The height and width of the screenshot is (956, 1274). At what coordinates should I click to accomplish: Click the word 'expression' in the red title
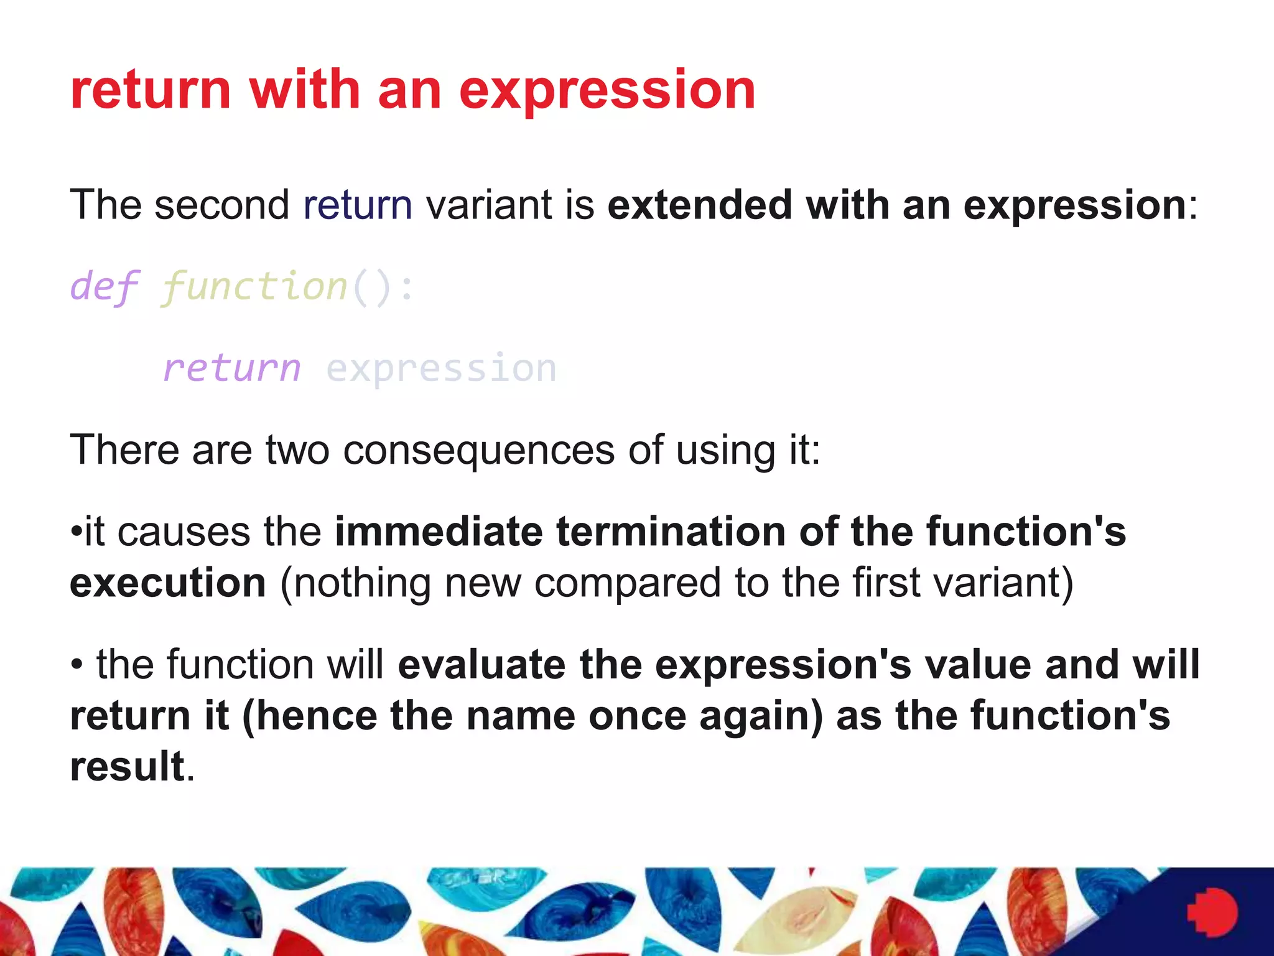[607, 91]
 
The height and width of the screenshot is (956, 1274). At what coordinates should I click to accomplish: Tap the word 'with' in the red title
[305, 90]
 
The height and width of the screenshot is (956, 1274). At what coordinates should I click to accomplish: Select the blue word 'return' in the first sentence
[358, 205]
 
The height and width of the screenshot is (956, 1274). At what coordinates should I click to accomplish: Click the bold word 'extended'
[699, 205]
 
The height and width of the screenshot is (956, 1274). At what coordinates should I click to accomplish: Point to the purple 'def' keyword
[105, 288]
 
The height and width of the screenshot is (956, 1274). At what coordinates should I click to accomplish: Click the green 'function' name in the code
[254, 288]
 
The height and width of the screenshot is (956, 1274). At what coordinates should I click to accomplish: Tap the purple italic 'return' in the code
[231, 368]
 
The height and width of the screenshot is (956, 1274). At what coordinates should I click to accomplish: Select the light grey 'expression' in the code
[441, 368]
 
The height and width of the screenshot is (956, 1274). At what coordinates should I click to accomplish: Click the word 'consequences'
[478, 451]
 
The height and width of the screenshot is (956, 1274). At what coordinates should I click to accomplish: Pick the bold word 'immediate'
[439, 532]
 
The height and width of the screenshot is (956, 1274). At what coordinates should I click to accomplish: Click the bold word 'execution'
[168, 583]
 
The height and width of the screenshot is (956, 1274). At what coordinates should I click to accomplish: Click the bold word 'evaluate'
[481, 665]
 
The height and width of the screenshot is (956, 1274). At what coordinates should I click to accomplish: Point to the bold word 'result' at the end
[128, 766]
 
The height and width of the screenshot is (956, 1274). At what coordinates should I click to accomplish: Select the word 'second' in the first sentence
[222, 205]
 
